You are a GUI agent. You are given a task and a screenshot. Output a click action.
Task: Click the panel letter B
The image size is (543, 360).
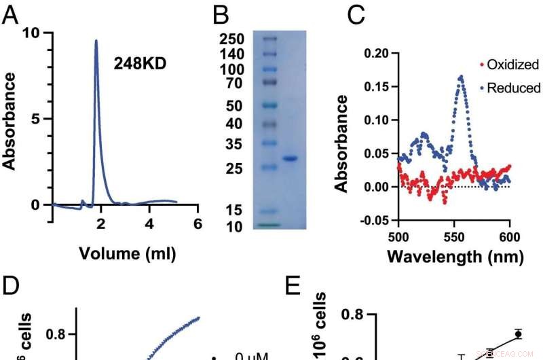coord(221,15)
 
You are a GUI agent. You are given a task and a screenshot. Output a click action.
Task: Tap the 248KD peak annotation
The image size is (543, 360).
coord(140,65)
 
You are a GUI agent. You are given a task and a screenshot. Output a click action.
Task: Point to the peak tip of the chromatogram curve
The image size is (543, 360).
coord(96,41)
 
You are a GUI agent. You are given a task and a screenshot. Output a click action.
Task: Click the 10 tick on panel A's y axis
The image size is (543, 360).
coord(38,33)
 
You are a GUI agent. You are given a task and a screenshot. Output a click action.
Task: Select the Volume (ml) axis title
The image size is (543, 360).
coord(127,255)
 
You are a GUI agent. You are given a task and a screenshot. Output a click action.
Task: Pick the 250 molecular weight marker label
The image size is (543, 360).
coord(232,39)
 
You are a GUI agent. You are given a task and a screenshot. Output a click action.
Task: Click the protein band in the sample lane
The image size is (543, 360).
coord(290,158)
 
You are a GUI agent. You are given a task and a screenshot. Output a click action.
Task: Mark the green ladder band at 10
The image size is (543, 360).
coord(269,224)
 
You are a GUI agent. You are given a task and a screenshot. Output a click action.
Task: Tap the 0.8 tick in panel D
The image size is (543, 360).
coord(56,334)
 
